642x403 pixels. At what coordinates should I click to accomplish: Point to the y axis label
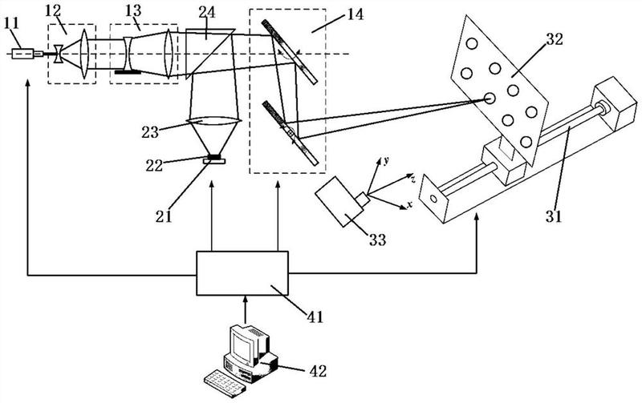pyautogui.click(x=388, y=160)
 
